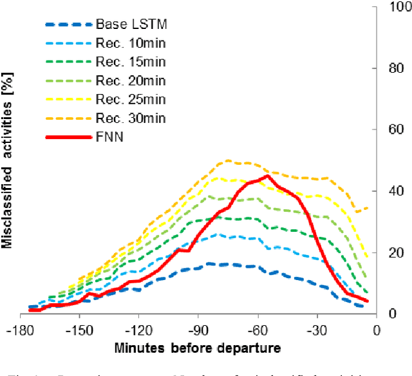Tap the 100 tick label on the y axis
[395, 7]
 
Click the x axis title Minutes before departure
[198, 348]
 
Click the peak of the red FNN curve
[267, 176]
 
